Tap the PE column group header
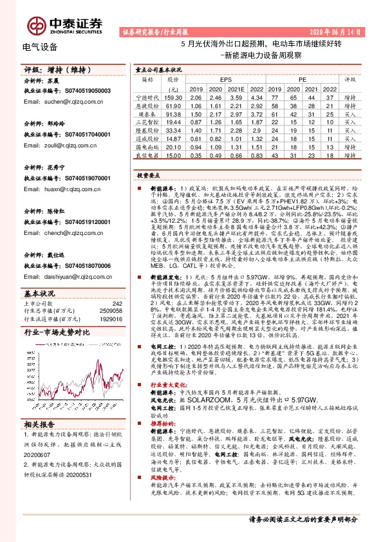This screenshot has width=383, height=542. click(x=301, y=79)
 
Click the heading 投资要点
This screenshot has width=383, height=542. click(x=147, y=175)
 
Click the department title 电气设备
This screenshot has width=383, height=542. click(x=40, y=47)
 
